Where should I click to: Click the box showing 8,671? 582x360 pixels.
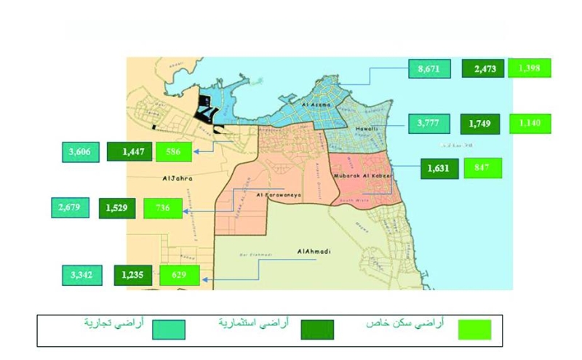click(x=428, y=68)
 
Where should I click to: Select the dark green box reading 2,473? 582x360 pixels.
click(x=484, y=68)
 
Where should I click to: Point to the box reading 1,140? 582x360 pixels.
click(x=530, y=124)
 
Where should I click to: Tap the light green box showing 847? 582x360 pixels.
click(x=485, y=168)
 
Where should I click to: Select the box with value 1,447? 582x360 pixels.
click(x=129, y=151)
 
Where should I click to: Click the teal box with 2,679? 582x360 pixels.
click(x=71, y=208)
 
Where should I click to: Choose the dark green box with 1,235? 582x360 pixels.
click(x=133, y=276)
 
